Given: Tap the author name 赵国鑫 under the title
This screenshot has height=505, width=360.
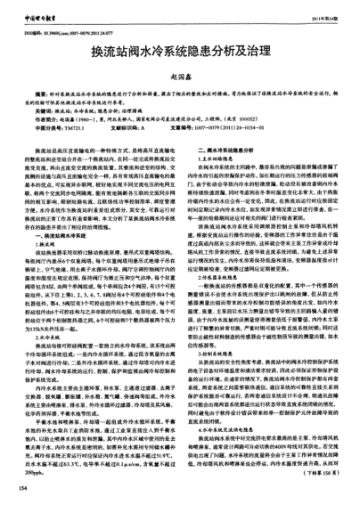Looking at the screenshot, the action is click(x=180, y=60).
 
